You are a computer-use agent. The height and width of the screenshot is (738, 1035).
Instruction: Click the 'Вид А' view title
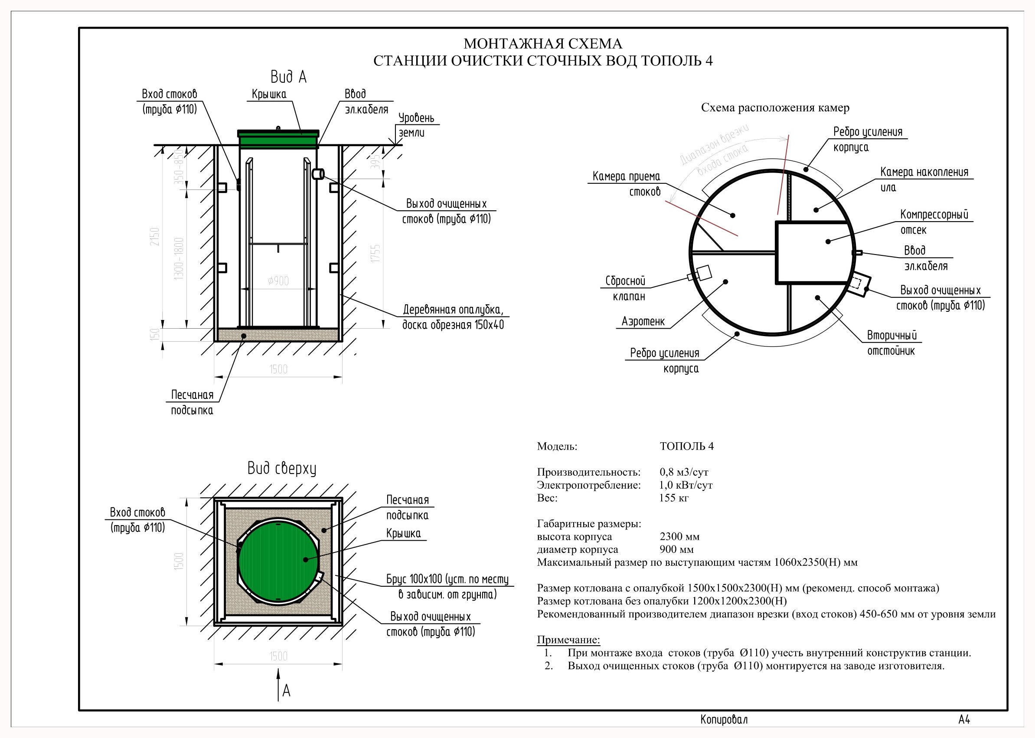point(288,77)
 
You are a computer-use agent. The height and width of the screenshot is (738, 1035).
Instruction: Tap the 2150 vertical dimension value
point(155,237)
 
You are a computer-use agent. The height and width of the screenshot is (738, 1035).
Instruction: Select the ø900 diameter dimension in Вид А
point(278,281)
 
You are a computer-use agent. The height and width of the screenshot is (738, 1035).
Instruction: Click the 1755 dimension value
point(375,253)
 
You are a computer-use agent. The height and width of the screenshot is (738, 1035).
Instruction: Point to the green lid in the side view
point(278,139)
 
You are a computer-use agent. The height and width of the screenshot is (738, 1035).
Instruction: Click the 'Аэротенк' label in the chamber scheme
point(643,322)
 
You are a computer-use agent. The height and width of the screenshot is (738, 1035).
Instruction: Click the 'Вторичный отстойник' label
point(891,343)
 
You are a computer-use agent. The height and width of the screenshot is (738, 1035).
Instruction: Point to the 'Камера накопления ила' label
point(923,179)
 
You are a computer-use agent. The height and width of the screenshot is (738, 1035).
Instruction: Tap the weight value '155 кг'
point(674,498)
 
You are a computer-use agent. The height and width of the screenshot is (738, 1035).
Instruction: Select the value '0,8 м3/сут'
point(684,472)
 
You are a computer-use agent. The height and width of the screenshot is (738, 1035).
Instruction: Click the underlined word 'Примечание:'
point(568,640)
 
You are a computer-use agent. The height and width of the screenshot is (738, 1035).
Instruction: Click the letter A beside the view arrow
point(286,691)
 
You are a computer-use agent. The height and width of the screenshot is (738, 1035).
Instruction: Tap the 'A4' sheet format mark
point(964,720)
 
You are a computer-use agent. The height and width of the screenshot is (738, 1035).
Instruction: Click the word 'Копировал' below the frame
point(724,720)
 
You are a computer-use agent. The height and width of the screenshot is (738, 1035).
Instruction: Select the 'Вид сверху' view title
point(282,468)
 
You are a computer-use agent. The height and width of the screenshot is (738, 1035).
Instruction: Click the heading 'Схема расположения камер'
point(775,108)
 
